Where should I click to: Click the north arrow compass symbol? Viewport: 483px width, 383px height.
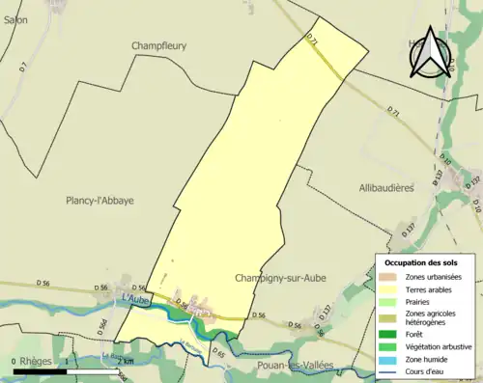427,55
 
